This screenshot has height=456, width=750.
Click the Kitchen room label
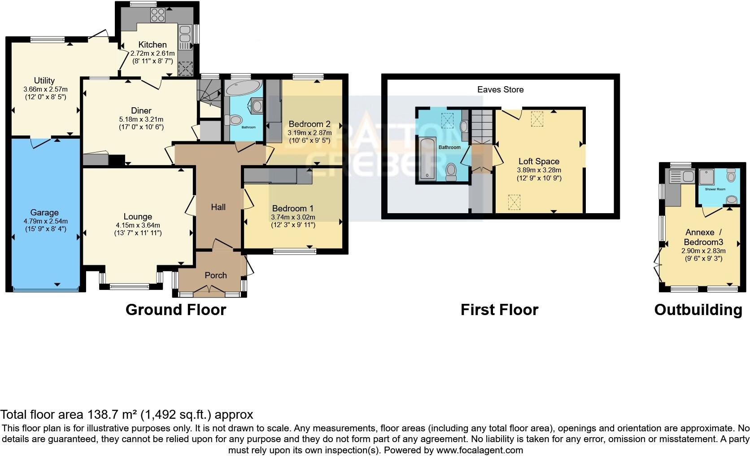[x=153, y=44]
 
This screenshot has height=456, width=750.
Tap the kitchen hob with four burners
[x=158, y=15]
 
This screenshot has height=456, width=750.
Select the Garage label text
[x=44, y=212]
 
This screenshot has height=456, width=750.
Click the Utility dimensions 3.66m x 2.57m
[x=44, y=89]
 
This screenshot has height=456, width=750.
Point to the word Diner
[x=141, y=110]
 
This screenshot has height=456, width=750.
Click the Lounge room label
[x=138, y=216]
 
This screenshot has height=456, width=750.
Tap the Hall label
[x=218, y=207]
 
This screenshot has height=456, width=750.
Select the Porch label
[x=216, y=275]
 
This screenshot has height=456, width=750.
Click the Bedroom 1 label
[x=292, y=208]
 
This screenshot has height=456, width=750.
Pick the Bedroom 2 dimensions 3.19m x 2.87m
[x=310, y=133]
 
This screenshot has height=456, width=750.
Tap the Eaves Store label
[x=500, y=89]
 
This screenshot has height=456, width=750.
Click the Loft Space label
[x=539, y=161]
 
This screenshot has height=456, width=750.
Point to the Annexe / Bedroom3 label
[x=703, y=237]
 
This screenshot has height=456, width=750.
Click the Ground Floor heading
[x=176, y=310]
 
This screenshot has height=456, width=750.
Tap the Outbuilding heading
[x=698, y=310]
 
